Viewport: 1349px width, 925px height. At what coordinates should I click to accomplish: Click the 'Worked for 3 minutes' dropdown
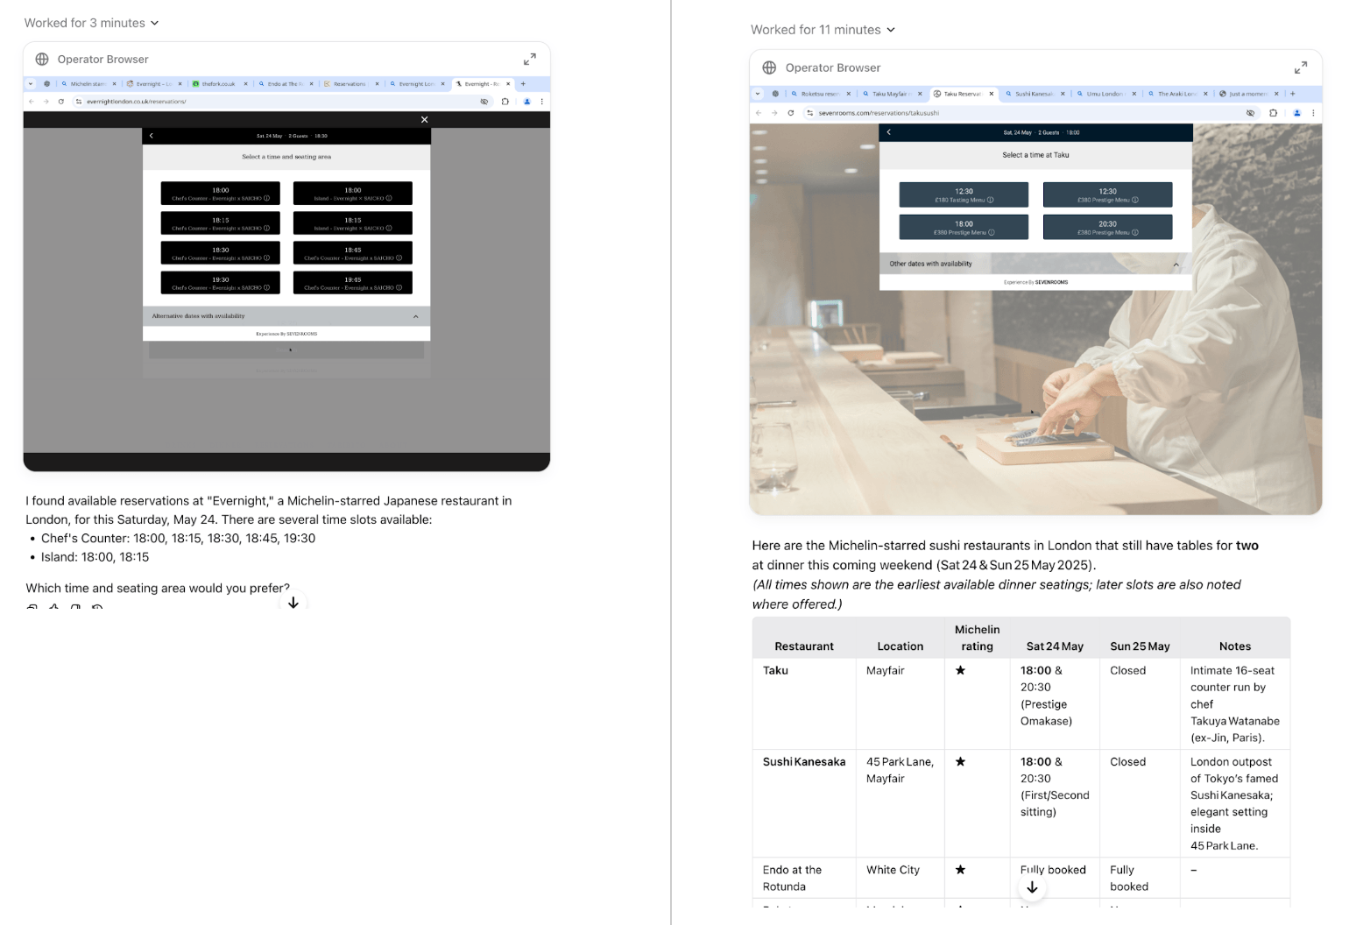(x=91, y=23)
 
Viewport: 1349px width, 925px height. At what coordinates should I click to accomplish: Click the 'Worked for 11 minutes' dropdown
(x=823, y=30)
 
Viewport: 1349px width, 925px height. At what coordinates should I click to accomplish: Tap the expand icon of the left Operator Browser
(x=529, y=60)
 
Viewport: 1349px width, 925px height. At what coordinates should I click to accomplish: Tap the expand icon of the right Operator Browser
(x=1300, y=67)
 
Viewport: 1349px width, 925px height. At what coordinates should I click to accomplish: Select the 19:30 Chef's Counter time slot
(x=220, y=283)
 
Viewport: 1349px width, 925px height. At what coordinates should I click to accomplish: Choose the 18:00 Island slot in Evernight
(x=352, y=194)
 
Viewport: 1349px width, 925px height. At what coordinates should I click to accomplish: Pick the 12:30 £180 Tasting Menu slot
(x=964, y=194)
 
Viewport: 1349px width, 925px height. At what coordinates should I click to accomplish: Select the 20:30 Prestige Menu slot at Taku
(x=1107, y=227)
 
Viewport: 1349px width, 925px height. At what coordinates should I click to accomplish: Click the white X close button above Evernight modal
(x=424, y=120)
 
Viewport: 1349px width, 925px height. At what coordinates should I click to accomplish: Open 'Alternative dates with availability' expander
(x=286, y=316)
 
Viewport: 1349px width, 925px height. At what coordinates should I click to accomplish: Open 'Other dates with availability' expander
(x=1035, y=264)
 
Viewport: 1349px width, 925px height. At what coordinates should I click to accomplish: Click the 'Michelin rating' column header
(x=977, y=638)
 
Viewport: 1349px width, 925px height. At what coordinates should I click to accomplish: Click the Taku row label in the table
(x=775, y=671)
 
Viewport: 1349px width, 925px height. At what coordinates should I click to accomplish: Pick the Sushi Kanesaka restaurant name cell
(x=803, y=762)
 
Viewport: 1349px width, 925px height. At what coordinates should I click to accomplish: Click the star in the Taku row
(x=960, y=671)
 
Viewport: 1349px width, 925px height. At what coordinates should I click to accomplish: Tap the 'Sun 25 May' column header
(x=1139, y=646)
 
